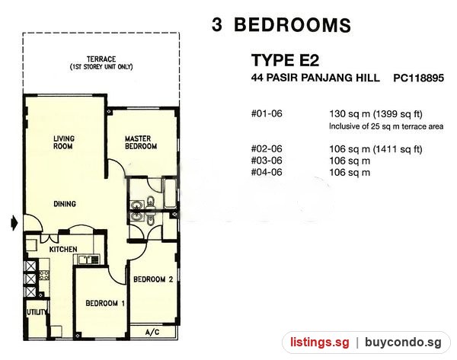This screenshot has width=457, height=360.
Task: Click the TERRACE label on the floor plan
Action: [x=101, y=59]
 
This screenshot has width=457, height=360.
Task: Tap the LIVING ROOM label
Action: [x=64, y=142]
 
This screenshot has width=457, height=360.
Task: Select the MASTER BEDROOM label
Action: [x=141, y=142]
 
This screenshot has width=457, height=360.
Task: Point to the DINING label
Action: [x=65, y=204]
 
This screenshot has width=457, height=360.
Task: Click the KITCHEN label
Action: [x=63, y=250]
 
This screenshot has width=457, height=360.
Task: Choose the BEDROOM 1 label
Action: [x=105, y=303]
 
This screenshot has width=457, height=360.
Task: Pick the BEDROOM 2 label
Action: [x=153, y=279]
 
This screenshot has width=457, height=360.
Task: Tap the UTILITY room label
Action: [x=36, y=312]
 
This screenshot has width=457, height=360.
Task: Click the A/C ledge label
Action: [x=152, y=332]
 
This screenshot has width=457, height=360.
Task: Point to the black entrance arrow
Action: [x=14, y=224]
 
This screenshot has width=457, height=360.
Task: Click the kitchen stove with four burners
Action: [x=44, y=275]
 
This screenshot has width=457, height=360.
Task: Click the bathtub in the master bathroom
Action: [x=170, y=193]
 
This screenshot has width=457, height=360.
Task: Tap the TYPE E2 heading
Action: [x=285, y=60]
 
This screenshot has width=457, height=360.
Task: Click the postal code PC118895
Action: [x=418, y=78]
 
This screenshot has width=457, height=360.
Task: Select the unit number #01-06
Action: [x=267, y=113]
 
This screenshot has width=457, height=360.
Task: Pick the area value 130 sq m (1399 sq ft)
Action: [x=376, y=114]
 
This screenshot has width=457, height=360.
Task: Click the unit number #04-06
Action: [x=267, y=172]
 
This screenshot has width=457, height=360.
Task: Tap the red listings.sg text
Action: [x=319, y=342]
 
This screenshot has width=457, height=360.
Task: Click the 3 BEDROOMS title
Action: [x=281, y=25]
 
